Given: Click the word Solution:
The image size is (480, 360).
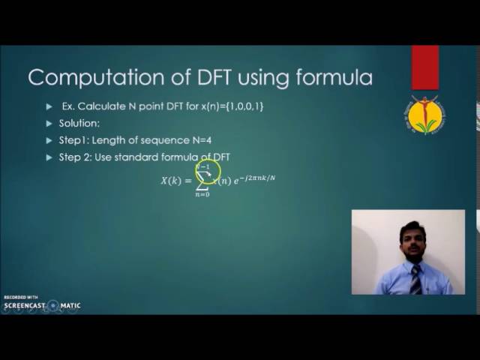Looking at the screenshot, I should (79, 123).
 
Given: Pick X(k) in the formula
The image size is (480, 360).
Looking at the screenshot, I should (171, 180).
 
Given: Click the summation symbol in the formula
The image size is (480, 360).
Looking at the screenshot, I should (202, 181).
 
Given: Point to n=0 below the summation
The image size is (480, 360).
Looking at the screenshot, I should (202, 194).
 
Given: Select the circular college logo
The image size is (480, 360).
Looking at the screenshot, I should (425, 115).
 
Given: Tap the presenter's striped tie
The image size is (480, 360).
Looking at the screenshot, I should (415, 279).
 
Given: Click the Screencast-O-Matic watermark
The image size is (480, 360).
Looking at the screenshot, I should (42, 305).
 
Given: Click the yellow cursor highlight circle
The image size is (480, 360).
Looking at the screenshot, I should (208, 172).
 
